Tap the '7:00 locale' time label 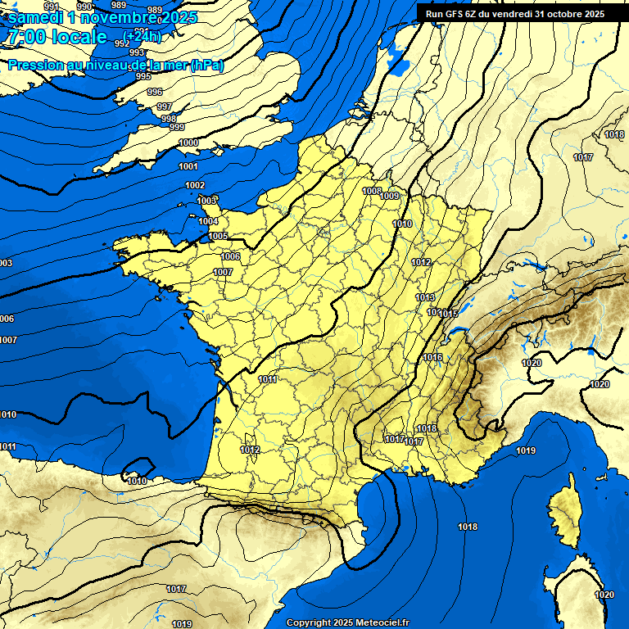pyautogui.click(x=57, y=37)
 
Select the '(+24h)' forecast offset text pyautogui.click(x=143, y=37)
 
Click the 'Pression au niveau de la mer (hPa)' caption pyautogui.click(x=115, y=65)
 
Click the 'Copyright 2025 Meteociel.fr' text pyautogui.click(x=347, y=622)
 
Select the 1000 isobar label pyautogui.click(x=188, y=143)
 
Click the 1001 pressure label pyautogui.click(x=188, y=166)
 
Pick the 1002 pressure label pyautogui.click(x=195, y=186)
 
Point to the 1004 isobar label pyautogui.click(x=208, y=221)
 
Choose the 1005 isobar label pyautogui.click(x=218, y=236)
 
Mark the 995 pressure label pyautogui.click(x=143, y=76)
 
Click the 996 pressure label pyautogui.click(x=155, y=92)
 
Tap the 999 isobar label pyautogui.click(x=177, y=127)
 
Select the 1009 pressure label pyautogui.click(x=390, y=196)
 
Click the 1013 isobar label pyautogui.click(x=425, y=297)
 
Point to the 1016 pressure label pyautogui.click(x=433, y=357)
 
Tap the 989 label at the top pyautogui.click(x=154, y=9)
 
